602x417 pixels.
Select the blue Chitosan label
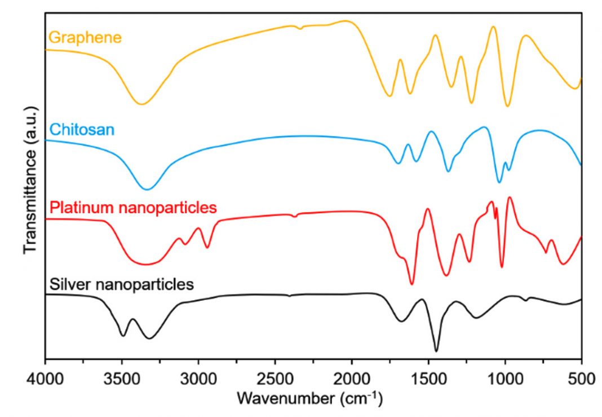point(82,130)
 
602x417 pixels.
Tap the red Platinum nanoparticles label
point(133,207)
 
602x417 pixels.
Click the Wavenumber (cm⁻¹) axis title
point(309,399)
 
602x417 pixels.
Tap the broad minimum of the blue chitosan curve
point(148,189)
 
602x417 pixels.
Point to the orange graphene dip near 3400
point(141,104)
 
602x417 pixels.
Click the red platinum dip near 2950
point(208,247)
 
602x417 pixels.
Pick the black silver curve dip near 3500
point(123,336)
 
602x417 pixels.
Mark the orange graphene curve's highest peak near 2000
point(346,21)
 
